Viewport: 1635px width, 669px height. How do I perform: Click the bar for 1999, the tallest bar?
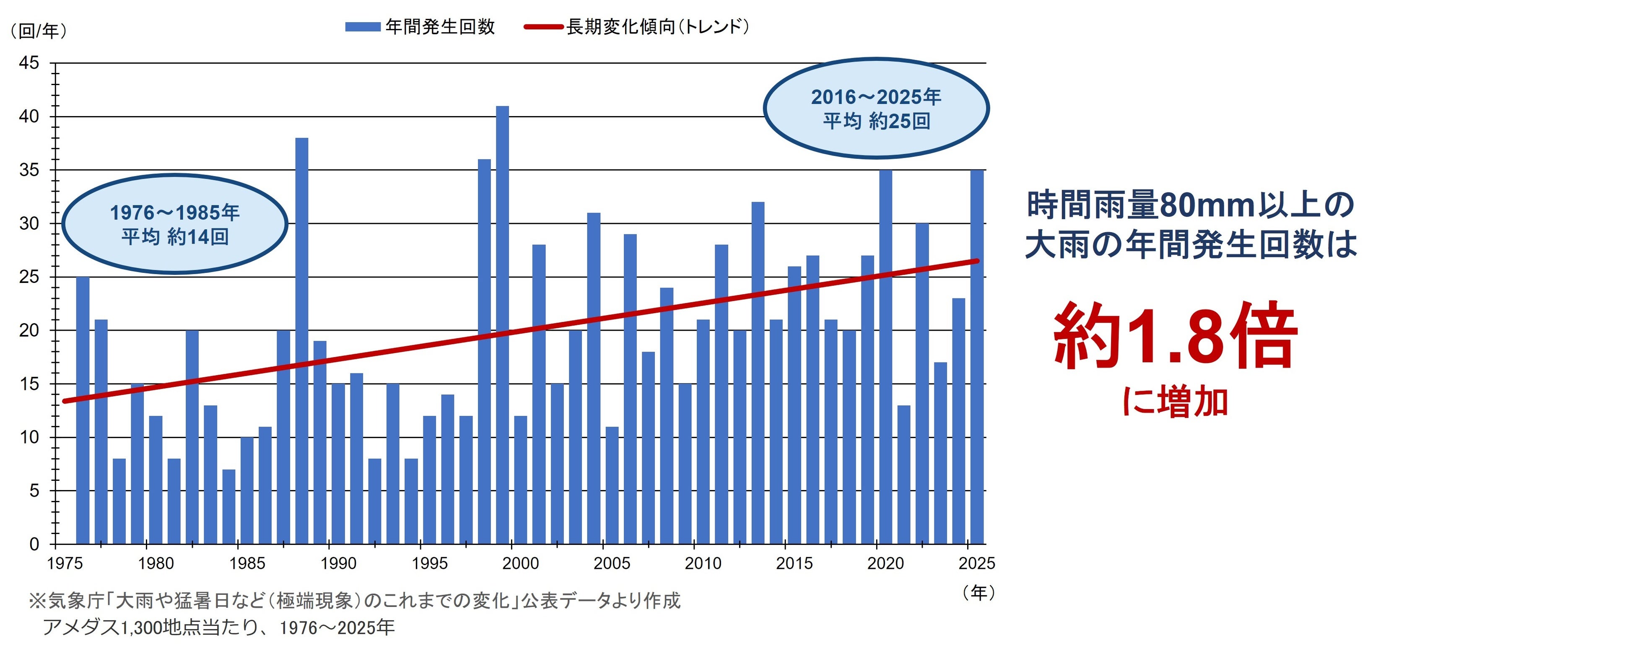[x=502, y=325]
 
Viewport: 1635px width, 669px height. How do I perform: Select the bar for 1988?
[x=301, y=341]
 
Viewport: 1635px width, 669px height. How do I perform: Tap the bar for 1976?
[x=83, y=410]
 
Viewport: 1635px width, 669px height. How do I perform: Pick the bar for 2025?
[x=977, y=357]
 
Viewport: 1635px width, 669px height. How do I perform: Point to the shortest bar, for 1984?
[x=228, y=506]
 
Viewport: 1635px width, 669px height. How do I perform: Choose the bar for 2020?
[x=885, y=357]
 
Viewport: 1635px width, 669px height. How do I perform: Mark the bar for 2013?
[x=758, y=373]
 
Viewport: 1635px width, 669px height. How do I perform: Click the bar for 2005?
[x=612, y=485]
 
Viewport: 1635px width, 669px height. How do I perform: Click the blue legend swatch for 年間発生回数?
[x=362, y=27]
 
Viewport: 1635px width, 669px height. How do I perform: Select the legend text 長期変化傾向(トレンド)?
[x=657, y=27]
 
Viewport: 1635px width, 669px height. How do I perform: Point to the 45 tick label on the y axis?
[x=29, y=63]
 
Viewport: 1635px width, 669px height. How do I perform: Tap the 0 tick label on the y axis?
[x=34, y=544]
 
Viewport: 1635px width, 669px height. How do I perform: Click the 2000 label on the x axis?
[x=520, y=563]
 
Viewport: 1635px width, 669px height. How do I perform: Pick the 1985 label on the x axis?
[x=247, y=563]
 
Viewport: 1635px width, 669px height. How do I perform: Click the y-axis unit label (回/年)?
[x=39, y=31]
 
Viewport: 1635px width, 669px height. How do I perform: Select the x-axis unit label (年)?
[x=978, y=592]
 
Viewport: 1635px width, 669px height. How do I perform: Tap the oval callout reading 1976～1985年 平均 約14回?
[x=174, y=223]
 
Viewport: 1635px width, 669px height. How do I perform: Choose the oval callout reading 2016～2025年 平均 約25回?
[x=876, y=108]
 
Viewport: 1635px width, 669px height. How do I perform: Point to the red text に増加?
[x=1175, y=402]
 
